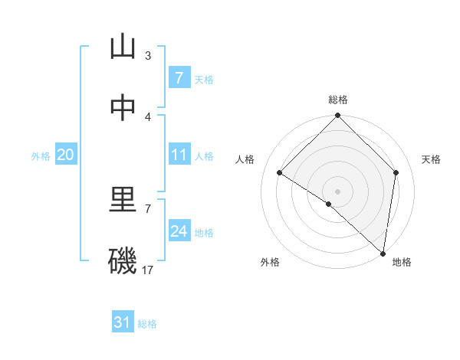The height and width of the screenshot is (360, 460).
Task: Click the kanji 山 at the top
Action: point(123,47)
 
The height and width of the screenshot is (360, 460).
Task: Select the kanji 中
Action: point(123,108)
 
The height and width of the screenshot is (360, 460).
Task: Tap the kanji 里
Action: point(123,201)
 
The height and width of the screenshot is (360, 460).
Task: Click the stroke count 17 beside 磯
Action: point(148,270)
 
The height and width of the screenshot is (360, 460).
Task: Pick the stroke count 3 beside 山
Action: point(148,55)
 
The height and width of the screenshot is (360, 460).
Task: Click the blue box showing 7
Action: point(179,78)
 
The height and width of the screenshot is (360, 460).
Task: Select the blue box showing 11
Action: point(179,155)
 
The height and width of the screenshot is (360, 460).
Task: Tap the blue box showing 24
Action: point(179,231)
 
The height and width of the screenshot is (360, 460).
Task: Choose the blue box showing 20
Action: point(66,155)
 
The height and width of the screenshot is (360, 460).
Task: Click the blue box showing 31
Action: point(123,322)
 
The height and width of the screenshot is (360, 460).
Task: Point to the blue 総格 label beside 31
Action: point(147,324)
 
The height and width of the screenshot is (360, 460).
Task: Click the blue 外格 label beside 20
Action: point(41,156)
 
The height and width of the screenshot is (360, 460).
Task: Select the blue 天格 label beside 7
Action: point(204,79)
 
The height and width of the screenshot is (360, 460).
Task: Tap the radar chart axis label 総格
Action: point(338,100)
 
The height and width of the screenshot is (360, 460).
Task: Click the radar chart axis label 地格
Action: point(402,263)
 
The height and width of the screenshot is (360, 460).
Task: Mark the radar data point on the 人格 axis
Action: point(280,173)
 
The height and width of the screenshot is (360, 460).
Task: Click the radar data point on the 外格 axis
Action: point(329,204)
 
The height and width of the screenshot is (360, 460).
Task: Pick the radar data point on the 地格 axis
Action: point(383,254)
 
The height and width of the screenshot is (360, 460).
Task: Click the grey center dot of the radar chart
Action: point(338,191)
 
